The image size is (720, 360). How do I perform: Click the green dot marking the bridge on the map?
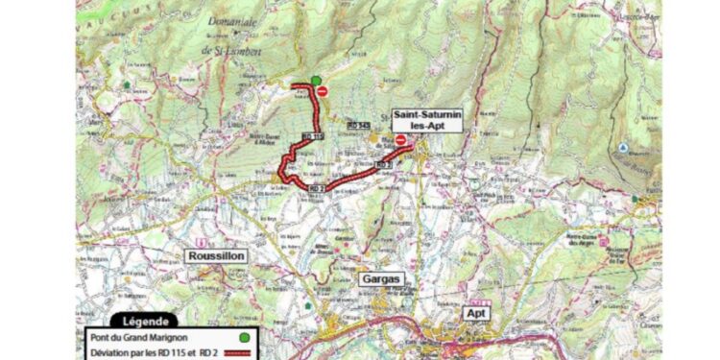(316, 82)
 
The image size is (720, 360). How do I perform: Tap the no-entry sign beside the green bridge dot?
(324, 93)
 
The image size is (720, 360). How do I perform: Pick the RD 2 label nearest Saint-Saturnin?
(382, 165)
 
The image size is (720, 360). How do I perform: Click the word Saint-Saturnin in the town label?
(427, 114)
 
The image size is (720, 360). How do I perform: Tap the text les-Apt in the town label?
(427, 126)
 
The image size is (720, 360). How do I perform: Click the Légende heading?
(146, 322)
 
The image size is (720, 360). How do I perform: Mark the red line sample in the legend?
(246, 352)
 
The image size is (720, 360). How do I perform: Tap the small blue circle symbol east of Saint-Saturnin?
(622, 148)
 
